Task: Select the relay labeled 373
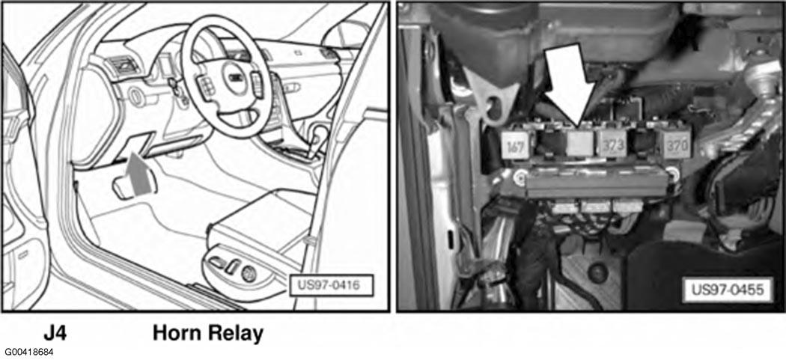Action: pos(612,144)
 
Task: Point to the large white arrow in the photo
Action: pos(570,85)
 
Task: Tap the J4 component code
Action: pos(55,333)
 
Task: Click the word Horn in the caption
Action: pos(178,333)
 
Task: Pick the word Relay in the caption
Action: pos(236,333)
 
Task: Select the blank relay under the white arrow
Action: pos(579,143)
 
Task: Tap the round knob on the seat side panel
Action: pos(249,274)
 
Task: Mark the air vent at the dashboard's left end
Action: pos(120,65)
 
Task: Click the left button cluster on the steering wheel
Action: pos(206,85)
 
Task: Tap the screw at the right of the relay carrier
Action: pos(674,174)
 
